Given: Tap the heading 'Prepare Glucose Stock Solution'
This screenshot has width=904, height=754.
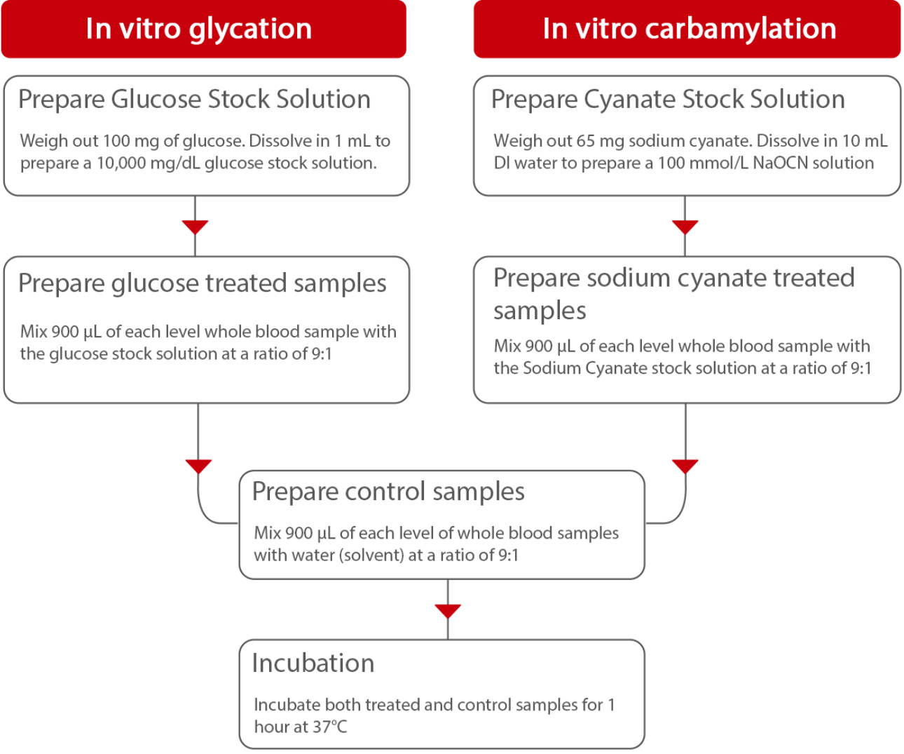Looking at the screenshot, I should pos(194,99).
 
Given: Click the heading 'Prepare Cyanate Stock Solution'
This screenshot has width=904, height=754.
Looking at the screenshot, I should pos(668,99).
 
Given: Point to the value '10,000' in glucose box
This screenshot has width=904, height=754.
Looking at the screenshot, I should pos(121,163).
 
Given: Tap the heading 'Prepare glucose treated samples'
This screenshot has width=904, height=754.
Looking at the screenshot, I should pos(202,283).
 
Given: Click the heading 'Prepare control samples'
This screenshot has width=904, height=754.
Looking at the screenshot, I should pos(388,491).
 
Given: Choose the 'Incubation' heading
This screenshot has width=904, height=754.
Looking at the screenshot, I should pos(313,663).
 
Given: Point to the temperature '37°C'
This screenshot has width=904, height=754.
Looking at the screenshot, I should pos(329,727).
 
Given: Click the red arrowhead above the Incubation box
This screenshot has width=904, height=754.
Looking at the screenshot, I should pos(448,611).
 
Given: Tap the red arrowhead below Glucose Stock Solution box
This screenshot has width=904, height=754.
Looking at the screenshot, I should pos(195,227).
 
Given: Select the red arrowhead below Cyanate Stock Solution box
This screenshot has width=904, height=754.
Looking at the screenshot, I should pos(685,227).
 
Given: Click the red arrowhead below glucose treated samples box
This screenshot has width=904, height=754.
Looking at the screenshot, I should pos(198,466).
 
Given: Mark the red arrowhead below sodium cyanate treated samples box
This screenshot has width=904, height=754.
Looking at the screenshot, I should pos(685,466).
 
